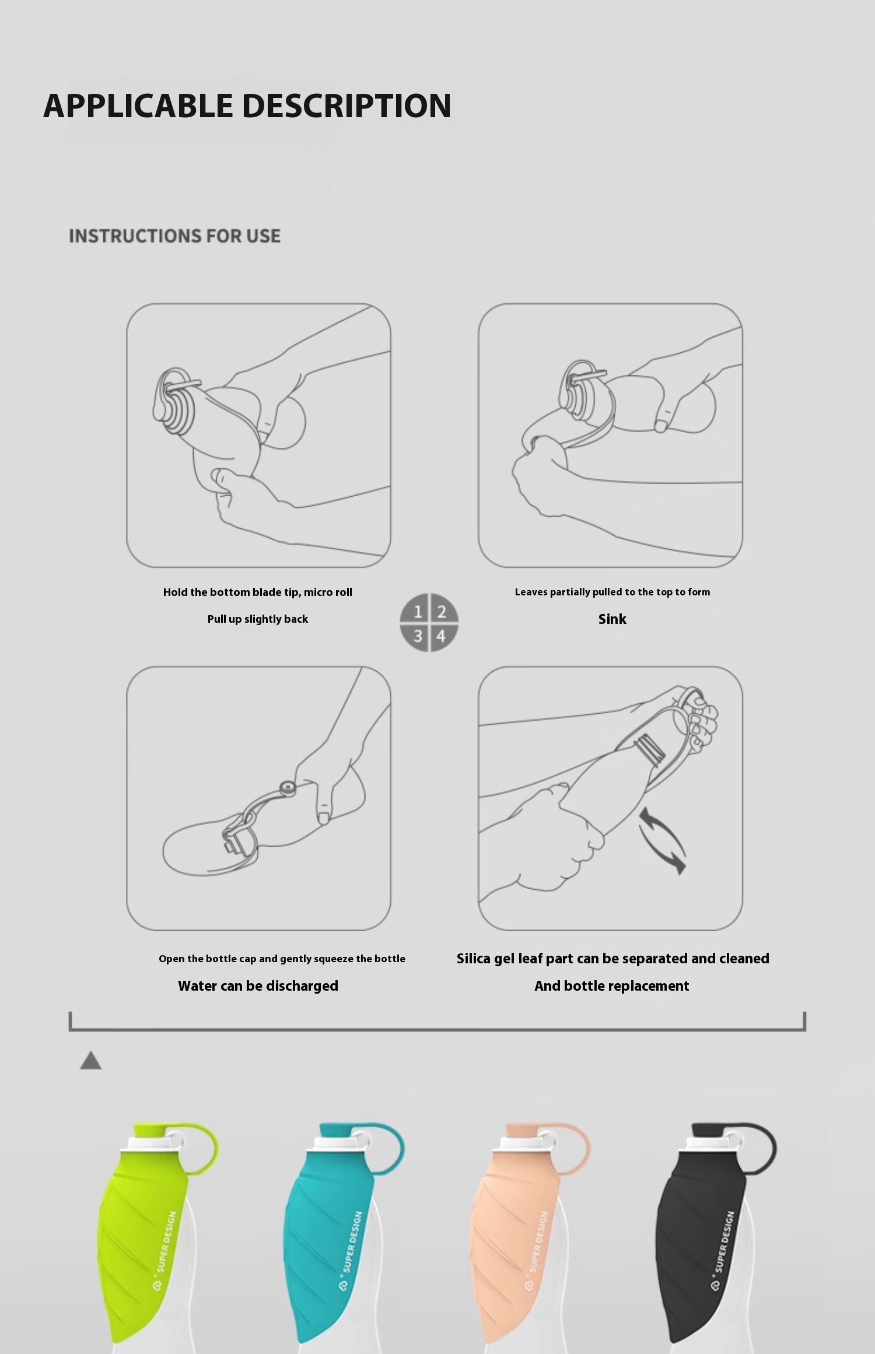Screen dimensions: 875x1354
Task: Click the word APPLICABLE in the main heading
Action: click(x=138, y=106)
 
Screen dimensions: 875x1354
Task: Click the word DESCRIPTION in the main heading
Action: click(x=346, y=106)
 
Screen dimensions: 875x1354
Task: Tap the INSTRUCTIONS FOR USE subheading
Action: click(x=174, y=236)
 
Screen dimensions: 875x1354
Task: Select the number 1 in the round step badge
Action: click(x=418, y=612)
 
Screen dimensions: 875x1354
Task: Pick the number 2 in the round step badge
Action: click(x=442, y=612)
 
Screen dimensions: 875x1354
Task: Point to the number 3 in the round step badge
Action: click(x=418, y=636)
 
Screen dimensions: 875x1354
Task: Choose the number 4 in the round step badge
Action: click(x=442, y=636)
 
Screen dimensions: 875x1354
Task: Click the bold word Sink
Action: click(x=612, y=619)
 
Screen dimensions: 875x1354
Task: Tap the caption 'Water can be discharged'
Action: click(x=258, y=986)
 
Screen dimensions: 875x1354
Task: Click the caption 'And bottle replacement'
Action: click(x=612, y=986)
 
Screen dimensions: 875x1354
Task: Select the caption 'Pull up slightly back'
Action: click(x=258, y=619)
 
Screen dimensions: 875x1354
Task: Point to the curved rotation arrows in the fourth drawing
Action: click(x=663, y=841)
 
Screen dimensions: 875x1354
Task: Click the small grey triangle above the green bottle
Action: click(x=90, y=1061)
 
